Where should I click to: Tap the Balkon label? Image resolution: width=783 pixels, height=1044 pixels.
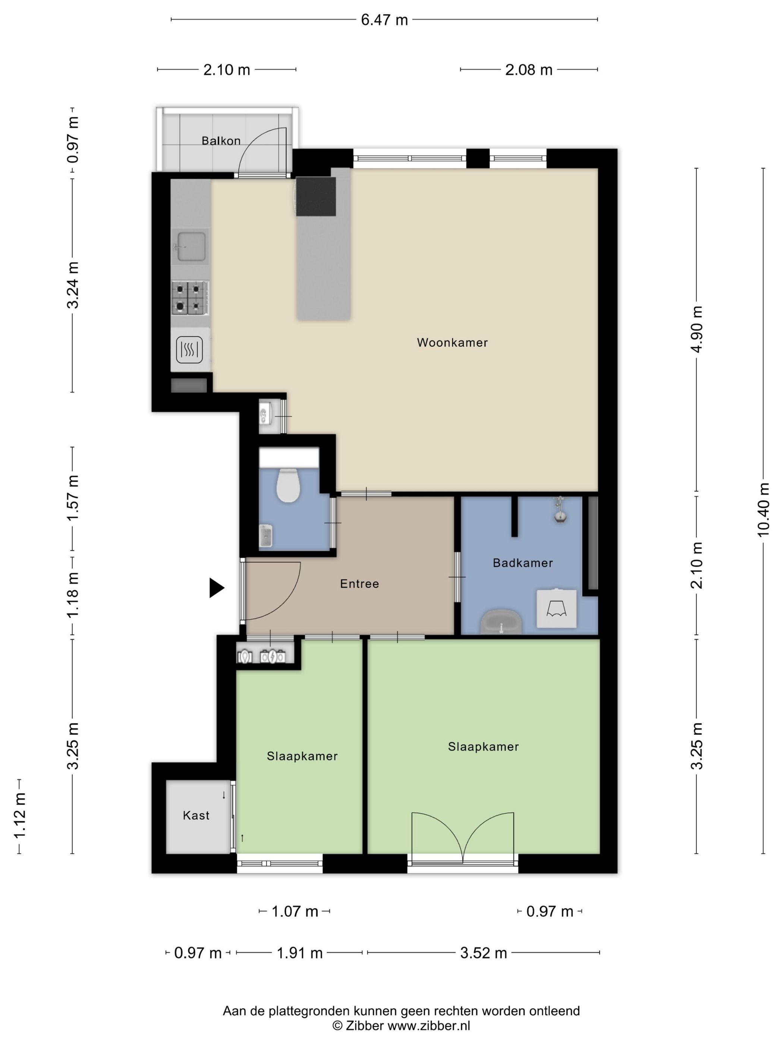[x=221, y=141]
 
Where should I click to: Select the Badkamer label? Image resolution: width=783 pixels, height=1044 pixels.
[x=522, y=563]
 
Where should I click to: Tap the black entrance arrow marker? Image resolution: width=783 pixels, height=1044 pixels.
[x=217, y=588]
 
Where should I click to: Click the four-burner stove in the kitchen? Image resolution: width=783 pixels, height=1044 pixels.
[x=190, y=298]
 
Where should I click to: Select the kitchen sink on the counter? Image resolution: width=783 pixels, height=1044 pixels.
[x=190, y=245]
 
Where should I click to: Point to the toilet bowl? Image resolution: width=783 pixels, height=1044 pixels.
[x=288, y=485]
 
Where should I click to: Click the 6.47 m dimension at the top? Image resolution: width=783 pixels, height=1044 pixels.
[x=384, y=20]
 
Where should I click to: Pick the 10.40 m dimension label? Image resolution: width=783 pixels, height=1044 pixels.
[x=763, y=509]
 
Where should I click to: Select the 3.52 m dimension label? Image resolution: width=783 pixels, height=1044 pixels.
[x=483, y=953]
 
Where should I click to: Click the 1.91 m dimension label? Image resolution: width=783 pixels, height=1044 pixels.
[x=299, y=953]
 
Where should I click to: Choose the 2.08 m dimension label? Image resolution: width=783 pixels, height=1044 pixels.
[x=529, y=70]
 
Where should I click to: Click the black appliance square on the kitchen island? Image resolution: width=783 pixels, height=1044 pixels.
[x=316, y=196]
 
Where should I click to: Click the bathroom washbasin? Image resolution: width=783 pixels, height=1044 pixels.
[x=501, y=622]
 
